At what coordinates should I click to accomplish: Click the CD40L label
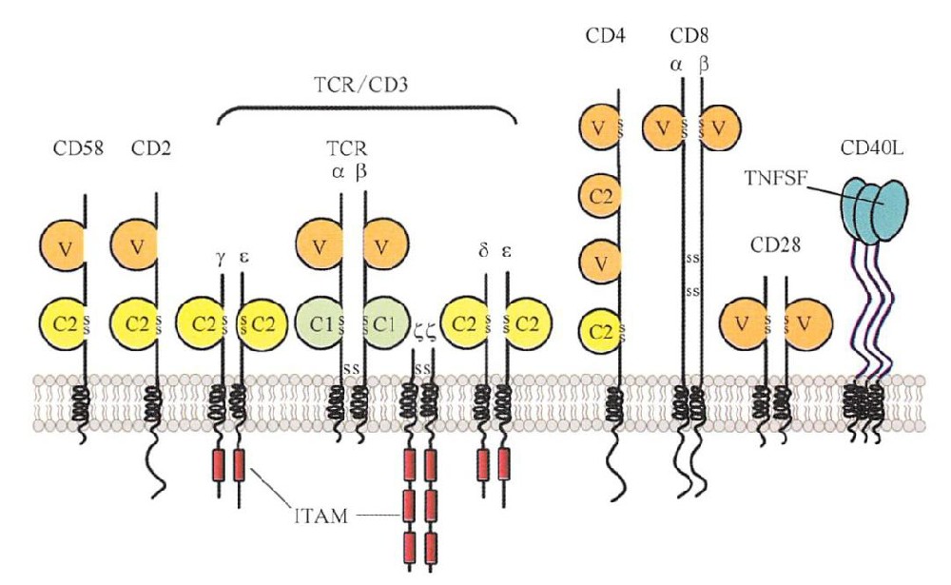coord(868,148)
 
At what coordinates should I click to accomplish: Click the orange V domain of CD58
coord(63,249)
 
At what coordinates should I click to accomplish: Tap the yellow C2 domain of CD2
coord(136,321)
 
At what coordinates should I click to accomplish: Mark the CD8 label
coord(689,38)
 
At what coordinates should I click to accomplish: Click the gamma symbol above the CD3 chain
coord(222,258)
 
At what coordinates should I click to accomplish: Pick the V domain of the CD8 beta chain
coord(720,128)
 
